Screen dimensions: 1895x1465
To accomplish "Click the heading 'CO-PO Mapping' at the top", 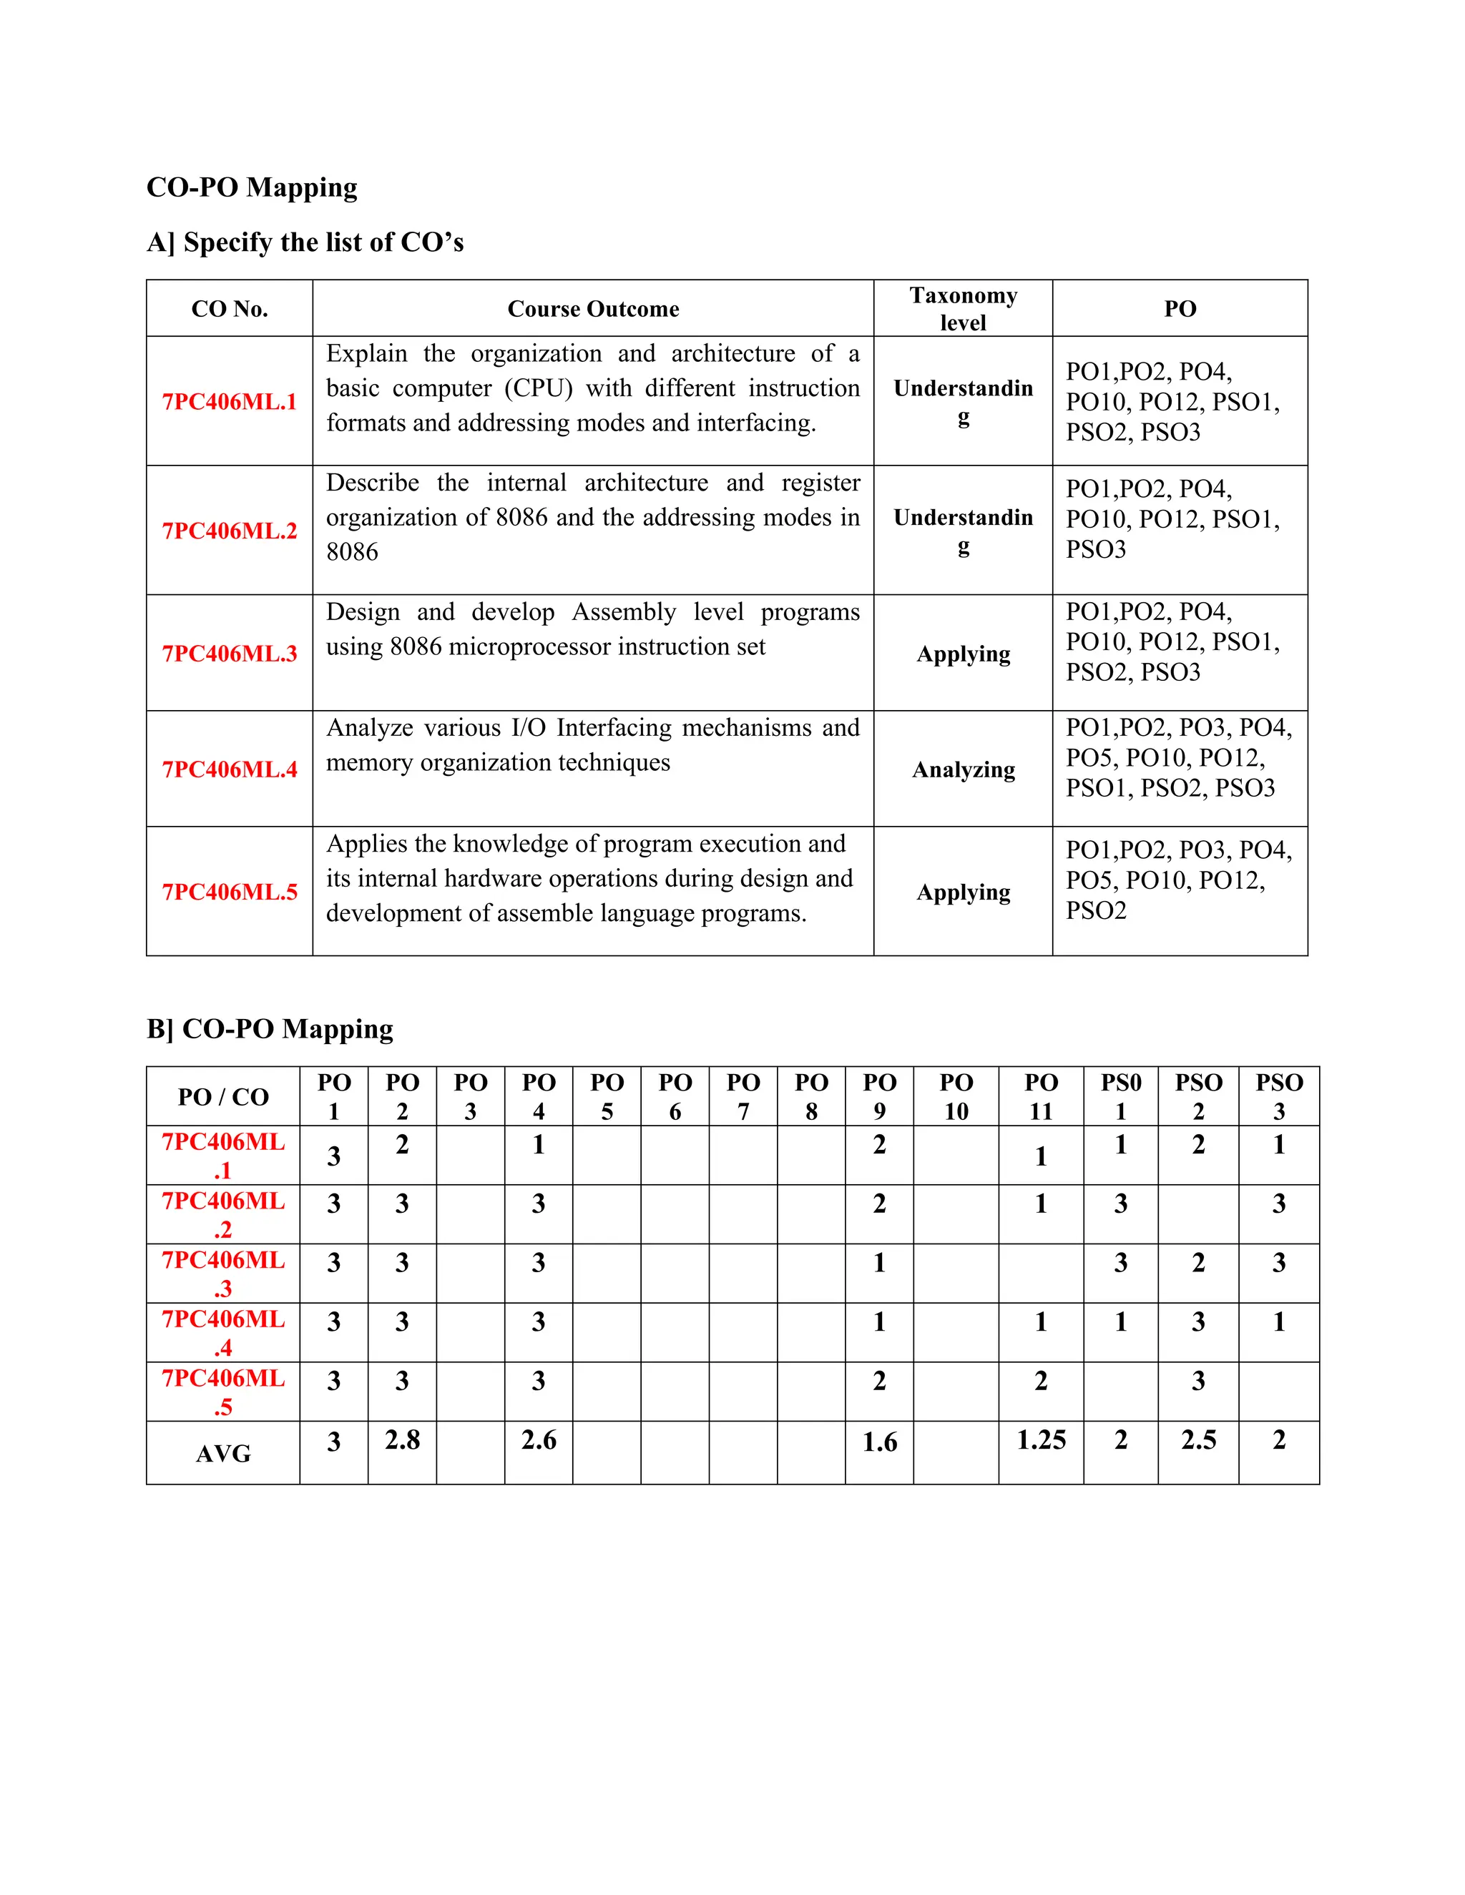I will (252, 187).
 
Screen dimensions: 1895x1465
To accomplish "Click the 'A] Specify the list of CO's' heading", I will (305, 242).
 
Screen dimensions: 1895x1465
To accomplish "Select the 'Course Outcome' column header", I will (593, 309).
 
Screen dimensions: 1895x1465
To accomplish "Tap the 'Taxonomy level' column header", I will (963, 309).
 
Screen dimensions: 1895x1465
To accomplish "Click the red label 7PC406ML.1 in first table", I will (229, 402).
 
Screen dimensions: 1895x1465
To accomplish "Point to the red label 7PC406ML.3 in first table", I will (229, 654).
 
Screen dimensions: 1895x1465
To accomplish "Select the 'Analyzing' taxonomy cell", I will (963, 769).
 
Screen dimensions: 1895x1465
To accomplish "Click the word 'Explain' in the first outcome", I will (366, 354).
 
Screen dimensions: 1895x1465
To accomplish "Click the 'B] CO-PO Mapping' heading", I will (270, 1029).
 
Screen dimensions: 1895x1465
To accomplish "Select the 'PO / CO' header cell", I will (223, 1097).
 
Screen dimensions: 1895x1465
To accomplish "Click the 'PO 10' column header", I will (956, 1097).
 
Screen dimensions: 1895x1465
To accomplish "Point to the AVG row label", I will (223, 1453).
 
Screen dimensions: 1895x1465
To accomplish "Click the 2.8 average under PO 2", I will (402, 1440).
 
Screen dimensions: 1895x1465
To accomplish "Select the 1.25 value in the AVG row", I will (1041, 1440).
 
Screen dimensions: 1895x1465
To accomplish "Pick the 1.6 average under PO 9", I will (879, 1442).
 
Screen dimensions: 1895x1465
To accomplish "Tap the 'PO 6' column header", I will (675, 1097).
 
